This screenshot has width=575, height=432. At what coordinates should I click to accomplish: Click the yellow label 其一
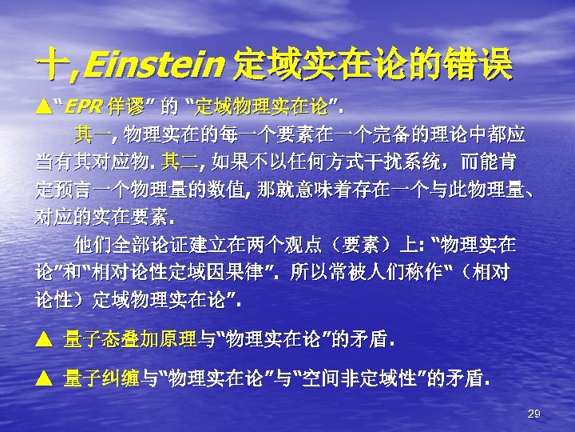coord(92,130)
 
